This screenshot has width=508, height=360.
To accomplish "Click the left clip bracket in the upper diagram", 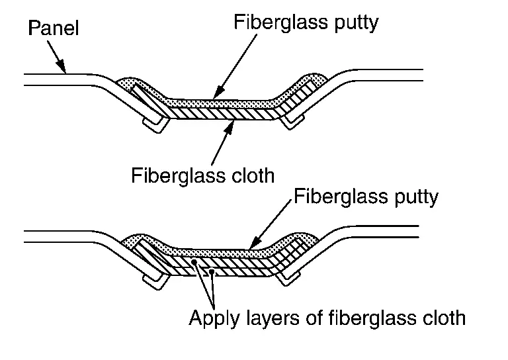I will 156,124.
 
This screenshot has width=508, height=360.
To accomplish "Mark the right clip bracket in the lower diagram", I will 289,278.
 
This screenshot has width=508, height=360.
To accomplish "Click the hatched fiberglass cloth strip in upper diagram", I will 225,112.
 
